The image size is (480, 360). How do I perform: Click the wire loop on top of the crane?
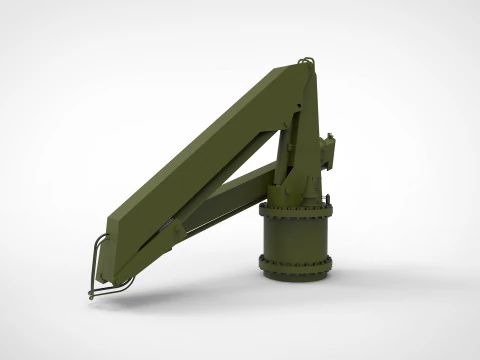click(x=307, y=63)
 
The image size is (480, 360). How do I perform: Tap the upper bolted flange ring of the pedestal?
click(x=296, y=211)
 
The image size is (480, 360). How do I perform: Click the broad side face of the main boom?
click(x=200, y=160)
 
